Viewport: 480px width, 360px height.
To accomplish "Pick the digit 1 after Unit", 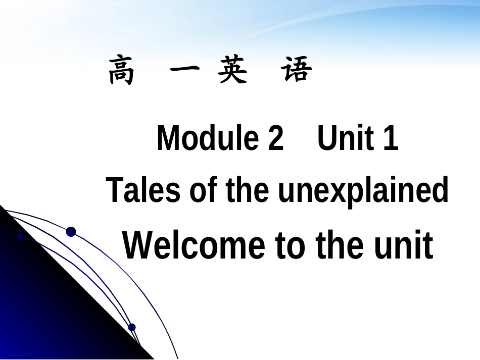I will tap(391, 139).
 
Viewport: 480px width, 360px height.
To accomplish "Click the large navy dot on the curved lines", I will tap(71, 232).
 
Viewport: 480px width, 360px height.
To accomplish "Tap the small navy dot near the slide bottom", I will tap(132, 327).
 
